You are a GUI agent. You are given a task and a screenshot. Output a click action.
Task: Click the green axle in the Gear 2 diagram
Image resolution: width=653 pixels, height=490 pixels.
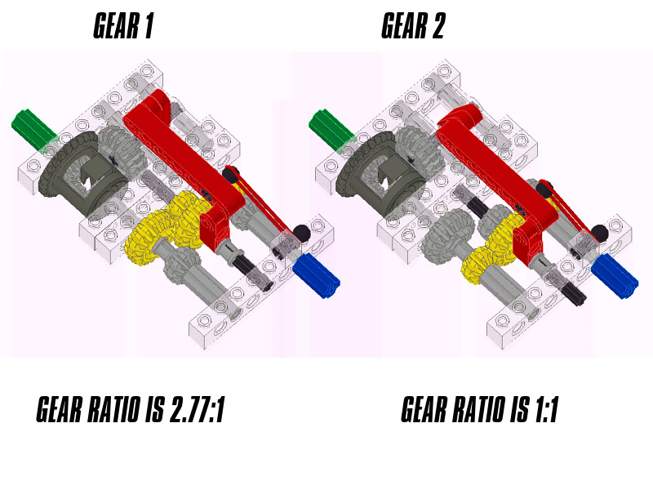tap(331, 128)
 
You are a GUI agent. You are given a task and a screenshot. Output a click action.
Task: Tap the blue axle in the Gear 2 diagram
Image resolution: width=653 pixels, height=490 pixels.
tap(615, 276)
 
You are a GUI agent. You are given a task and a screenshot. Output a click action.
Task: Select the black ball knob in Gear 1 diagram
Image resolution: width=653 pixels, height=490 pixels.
tap(300, 233)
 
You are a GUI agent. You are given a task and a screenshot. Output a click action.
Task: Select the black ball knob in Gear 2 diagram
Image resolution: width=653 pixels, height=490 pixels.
tap(599, 233)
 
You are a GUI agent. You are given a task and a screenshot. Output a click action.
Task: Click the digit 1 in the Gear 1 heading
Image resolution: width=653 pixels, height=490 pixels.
tap(148, 26)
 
